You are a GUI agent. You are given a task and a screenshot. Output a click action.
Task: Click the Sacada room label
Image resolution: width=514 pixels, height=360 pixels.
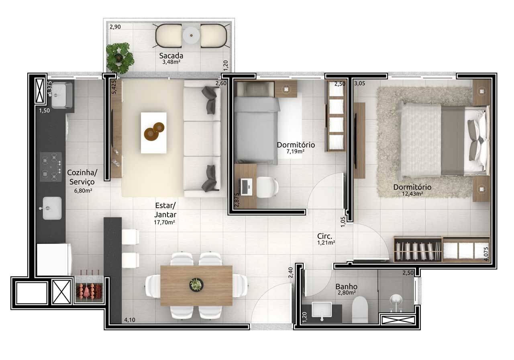tap(171, 55)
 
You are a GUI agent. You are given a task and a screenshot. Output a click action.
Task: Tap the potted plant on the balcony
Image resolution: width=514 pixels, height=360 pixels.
tap(119, 57)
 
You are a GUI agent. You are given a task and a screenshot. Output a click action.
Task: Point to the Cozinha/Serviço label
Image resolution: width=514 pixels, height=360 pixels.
tap(82, 177)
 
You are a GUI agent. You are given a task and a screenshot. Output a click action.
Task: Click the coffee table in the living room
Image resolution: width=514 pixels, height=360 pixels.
tap(153, 132)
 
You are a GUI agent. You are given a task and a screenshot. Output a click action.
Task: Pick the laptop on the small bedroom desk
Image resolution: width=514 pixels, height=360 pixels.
tap(245, 186)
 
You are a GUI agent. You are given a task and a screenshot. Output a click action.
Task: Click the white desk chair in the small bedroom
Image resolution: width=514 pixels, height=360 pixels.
tap(267, 187)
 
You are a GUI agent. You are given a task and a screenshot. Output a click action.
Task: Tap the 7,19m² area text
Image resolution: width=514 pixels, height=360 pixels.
tap(296, 151)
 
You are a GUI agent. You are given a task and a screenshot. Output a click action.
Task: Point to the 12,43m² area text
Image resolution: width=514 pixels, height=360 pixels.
tap(412, 194)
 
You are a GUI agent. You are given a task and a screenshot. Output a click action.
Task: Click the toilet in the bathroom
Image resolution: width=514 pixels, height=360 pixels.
tap(360, 310)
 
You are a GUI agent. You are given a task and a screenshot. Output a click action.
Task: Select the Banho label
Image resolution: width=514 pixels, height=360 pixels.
tap(347, 287)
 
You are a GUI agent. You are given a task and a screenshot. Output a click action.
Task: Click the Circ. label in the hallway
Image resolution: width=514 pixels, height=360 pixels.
tap(324, 236)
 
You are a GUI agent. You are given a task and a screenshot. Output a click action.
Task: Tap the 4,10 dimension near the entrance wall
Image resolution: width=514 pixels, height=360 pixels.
tap(130, 320)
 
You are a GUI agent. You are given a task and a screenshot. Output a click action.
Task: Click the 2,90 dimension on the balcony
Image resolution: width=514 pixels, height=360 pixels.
tap(115, 27)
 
